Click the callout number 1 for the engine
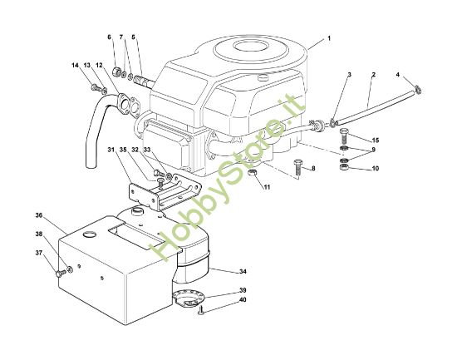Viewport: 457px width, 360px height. point(329,39)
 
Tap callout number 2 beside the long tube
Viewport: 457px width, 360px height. point(373,76)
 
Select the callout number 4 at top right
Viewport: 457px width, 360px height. point(398,76)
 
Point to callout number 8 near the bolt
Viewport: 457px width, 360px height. point(313,169)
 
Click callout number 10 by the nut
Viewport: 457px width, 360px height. point(375,169)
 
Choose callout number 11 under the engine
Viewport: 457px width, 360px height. point(267,188)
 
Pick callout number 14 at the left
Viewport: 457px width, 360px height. point(74,65)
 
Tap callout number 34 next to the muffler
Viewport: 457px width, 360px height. point(243,271)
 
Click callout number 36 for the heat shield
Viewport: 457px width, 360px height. point(38,215)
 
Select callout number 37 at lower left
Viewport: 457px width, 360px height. point(38,253)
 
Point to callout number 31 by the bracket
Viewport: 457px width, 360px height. point(110,150)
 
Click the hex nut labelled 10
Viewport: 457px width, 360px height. point(344,170)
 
